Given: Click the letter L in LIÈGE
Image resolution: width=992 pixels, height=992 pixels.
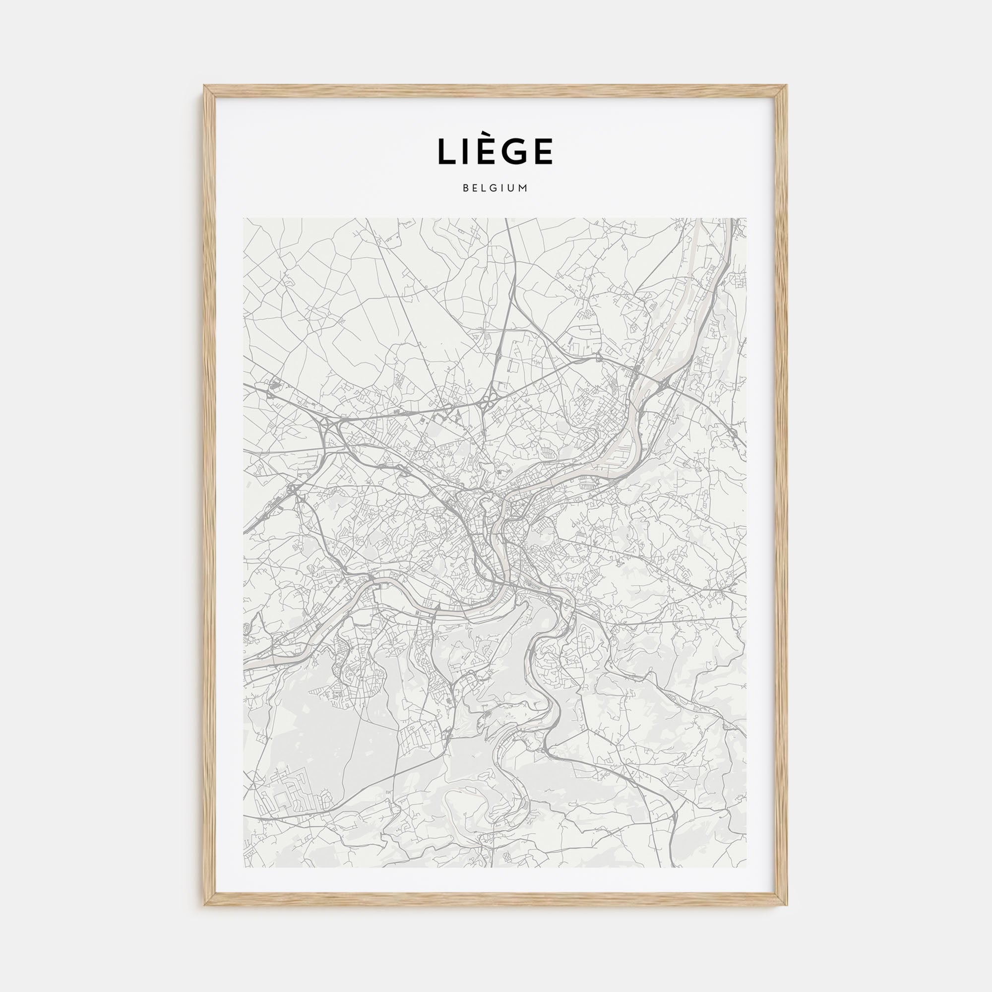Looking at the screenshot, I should click(x=447, y=151).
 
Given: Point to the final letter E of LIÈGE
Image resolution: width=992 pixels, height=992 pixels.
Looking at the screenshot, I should click(x=542, y=151).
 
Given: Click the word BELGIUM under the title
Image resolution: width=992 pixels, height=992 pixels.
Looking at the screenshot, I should click(x=495, y=188).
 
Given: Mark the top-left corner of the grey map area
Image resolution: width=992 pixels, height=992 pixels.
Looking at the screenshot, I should click(x=244, y=218).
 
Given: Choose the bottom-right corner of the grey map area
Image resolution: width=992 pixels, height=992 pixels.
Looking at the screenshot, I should click(x=746, y=867).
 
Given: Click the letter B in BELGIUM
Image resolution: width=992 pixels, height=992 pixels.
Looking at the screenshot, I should click(x=465, y=188).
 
